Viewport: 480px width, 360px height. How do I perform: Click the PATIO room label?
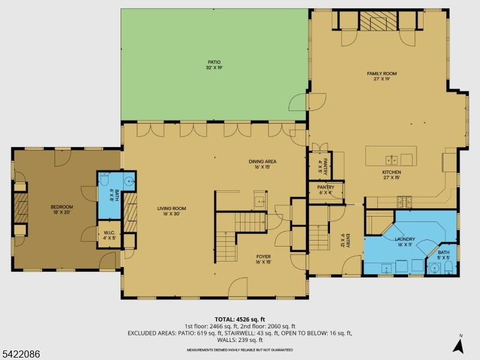(214, 62)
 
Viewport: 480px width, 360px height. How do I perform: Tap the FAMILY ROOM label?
(382, 73)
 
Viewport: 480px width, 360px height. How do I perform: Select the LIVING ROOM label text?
(172, 208)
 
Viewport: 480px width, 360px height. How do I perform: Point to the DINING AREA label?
(262, 161)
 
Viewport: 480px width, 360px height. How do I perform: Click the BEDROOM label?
(62, 207)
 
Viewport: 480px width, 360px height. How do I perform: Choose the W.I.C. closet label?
(109, 233)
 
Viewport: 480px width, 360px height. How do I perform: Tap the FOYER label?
(263, 257)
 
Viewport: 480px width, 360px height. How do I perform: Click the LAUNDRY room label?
(404, 239)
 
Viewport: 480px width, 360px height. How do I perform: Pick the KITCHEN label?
(392, 172)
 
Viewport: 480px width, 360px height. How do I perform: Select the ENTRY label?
(348, 241)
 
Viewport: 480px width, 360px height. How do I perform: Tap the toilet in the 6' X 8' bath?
(104, 179)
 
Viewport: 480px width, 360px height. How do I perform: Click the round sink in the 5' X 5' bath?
(434, 269)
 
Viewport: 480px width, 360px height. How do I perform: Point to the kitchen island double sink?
(392, 160)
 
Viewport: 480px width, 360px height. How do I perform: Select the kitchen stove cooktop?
(404, 201)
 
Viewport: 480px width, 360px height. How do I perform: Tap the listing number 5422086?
(20, 354)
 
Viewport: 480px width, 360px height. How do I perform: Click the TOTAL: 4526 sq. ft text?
(239, 320)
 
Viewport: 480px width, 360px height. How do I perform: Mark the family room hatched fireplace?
(378, 21)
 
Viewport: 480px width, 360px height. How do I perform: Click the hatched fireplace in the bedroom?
(21, 208)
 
